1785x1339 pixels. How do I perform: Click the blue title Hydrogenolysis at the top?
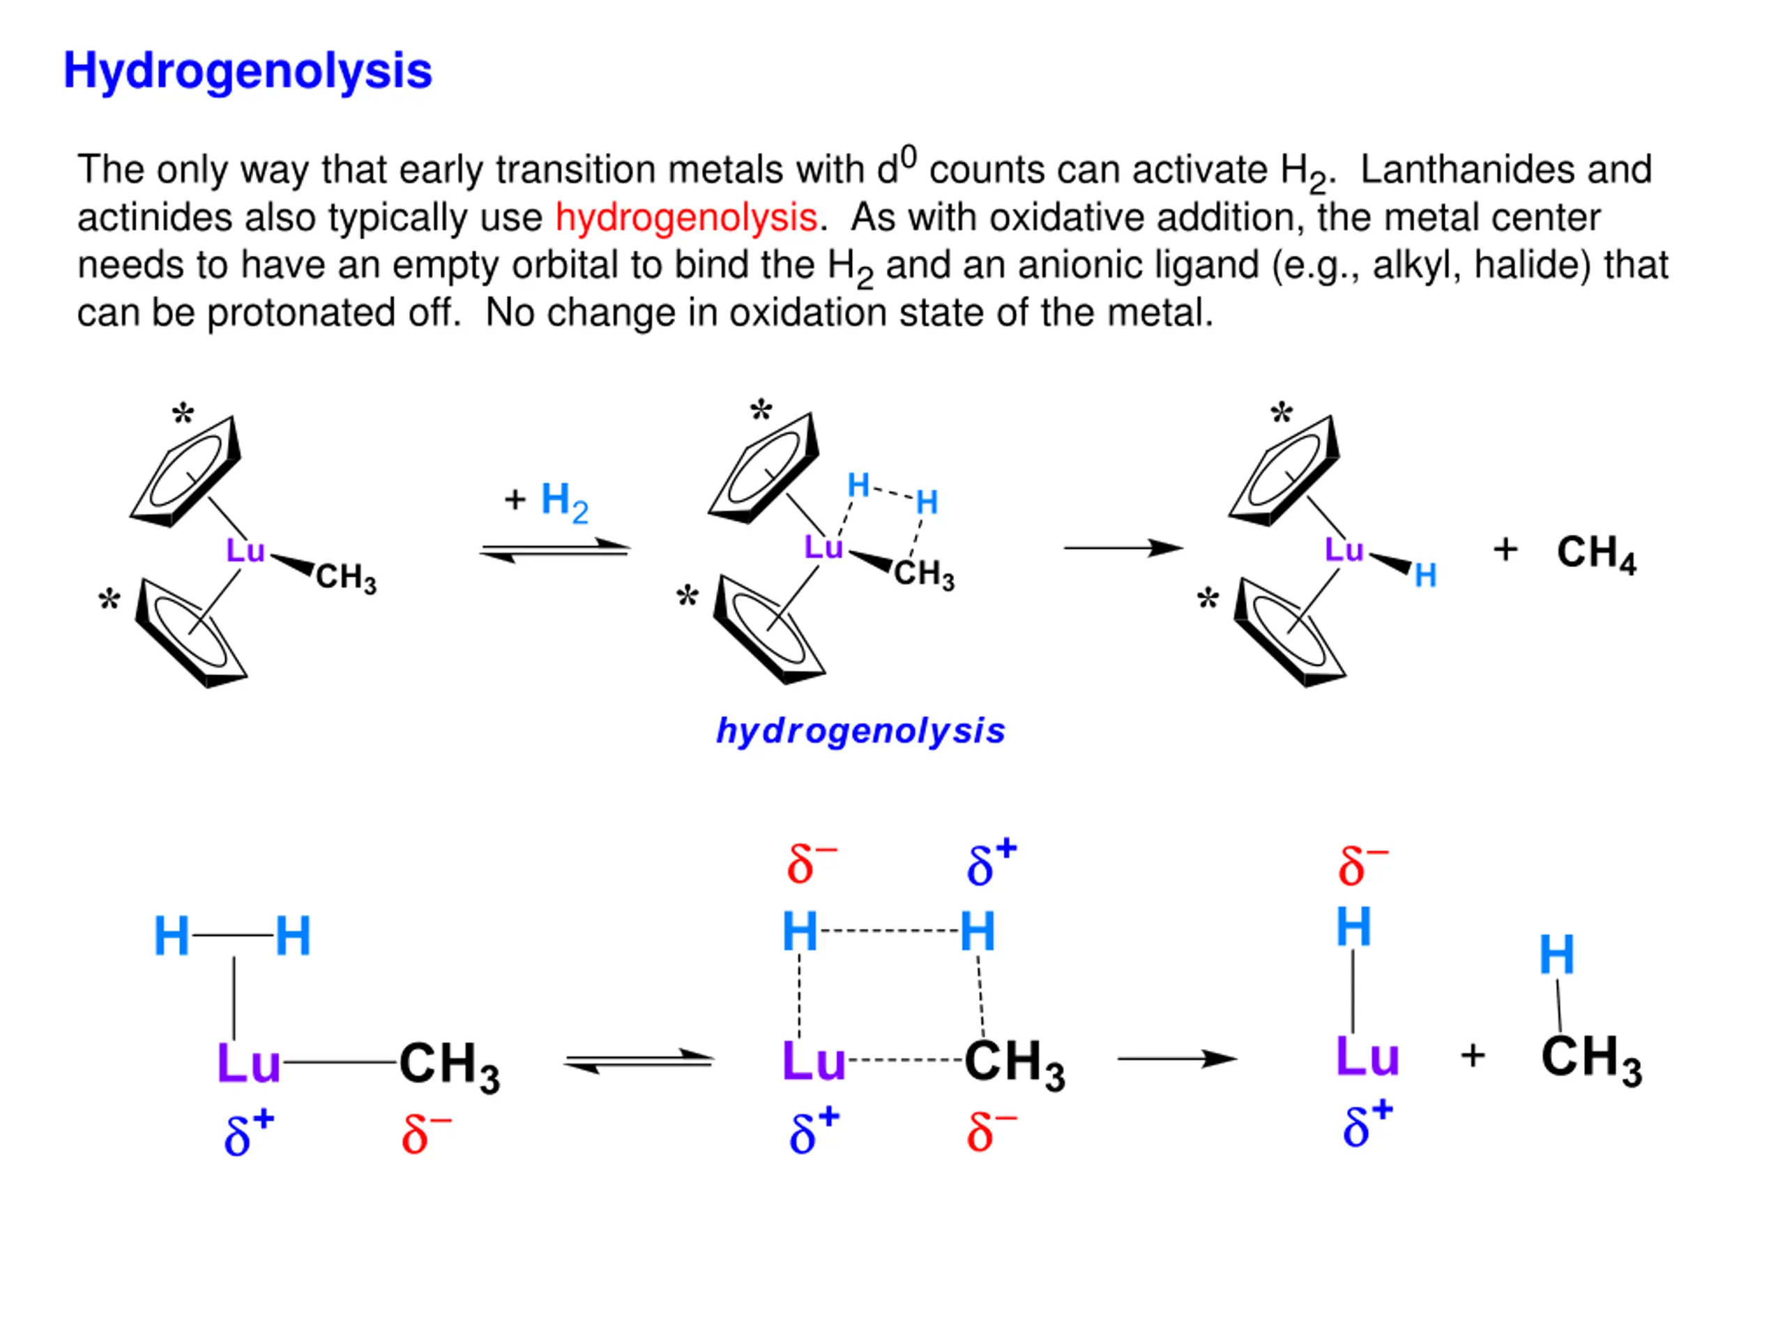tap(248, 71)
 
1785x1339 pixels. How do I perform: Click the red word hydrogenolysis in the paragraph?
tap(686, 218)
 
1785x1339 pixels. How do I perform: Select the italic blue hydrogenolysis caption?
tap(860, 732)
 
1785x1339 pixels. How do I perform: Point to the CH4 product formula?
tap(1595, 554)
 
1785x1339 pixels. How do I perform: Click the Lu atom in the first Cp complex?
tap(245, 551)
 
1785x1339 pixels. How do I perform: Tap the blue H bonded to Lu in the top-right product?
tap(1425, 575)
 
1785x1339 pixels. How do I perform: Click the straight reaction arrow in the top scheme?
tap(1123, 549)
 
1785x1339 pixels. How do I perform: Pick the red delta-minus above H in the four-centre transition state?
tap(811, 863)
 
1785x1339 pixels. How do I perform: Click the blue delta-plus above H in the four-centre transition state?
tap(991, 863)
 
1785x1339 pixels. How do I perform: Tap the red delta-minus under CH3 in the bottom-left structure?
tap(425, 1133)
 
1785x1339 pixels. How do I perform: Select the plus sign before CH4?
tap(1505, 550)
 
